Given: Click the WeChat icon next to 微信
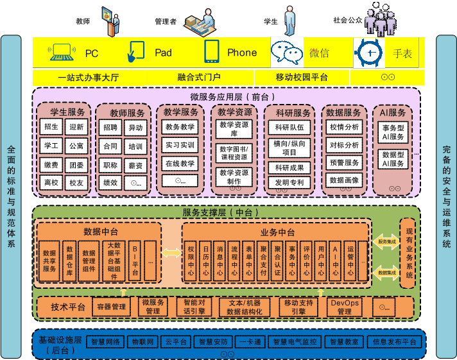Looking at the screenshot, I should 286,53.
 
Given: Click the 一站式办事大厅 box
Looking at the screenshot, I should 89,78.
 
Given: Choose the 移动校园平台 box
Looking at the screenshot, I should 302,78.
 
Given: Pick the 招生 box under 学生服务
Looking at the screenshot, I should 51,127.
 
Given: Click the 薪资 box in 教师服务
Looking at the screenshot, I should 135,165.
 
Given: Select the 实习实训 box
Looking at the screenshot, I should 179,145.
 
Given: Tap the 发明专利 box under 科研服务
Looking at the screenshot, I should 289,183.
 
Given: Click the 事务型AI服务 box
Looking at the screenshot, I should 393,132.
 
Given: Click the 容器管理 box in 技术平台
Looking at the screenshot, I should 110,307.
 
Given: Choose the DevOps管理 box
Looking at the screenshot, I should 344,307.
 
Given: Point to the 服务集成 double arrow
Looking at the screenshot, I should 385,242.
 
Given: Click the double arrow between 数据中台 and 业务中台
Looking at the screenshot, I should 171,253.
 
